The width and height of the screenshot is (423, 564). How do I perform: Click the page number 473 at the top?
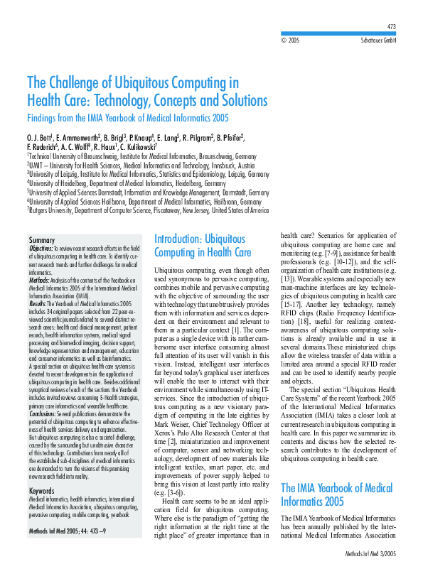pos(390,26)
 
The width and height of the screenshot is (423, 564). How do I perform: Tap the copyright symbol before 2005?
pos(284,41)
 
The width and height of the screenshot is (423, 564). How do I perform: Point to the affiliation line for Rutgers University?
pos(148,210)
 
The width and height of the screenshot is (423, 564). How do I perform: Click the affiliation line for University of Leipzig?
pos(148,173)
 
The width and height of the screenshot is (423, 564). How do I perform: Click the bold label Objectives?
pos(41,249)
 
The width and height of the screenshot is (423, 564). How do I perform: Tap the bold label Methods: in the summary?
pos(39,280)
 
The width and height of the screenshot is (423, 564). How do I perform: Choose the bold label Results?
pos(37,303)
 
